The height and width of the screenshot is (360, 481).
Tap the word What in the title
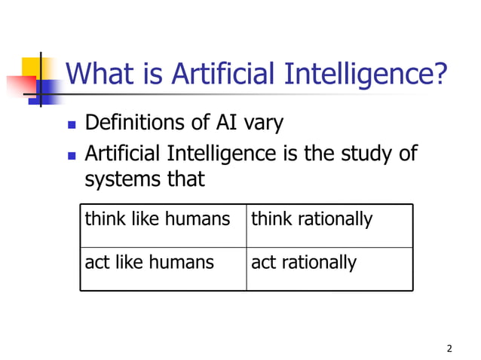coord(98,74)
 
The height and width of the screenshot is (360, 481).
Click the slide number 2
coord(449,348)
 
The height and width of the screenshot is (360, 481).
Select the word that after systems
coord(182,180)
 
